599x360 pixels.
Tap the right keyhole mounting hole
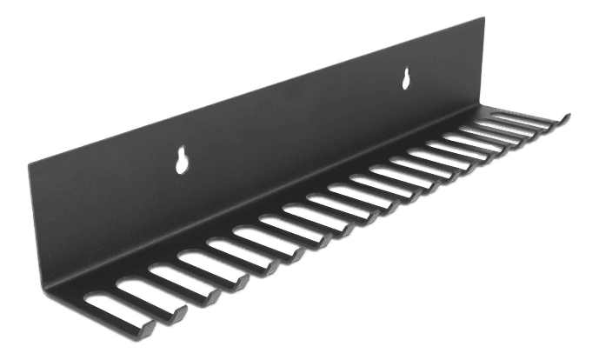(x=405, y=80)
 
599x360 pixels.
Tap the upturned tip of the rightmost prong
(x=566, y=115)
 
